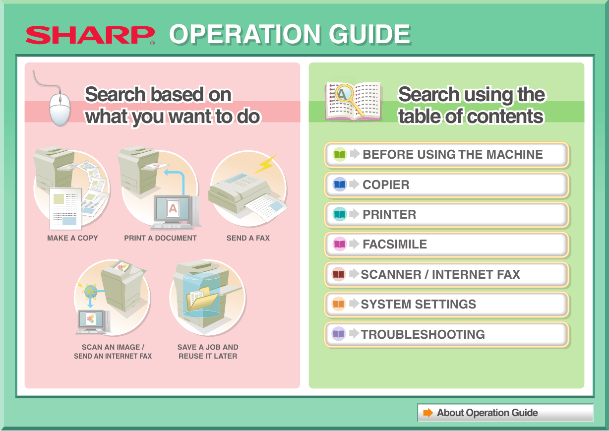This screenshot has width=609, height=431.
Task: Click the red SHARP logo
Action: pyautogui.click(x=90, y=35)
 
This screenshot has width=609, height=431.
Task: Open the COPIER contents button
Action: pyautogui.click(x=446, y=185)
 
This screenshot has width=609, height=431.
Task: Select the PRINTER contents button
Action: pyautogui.click(x=446, y=215)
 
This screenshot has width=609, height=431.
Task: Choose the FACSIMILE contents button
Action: pyautogui.click(x=446, y=244)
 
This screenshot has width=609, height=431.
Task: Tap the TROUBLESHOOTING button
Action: pyautogui.click(x=446, y=334)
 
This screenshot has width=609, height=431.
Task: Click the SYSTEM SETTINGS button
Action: pyautogui.click(x=446, y=305)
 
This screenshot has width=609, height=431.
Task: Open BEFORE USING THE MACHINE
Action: pyautogui.click(x=446, y=154)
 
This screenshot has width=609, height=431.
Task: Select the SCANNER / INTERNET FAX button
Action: pyautogui.click(x=446, y=274)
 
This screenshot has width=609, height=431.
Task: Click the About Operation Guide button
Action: pyautogui.click(x=505, y=413)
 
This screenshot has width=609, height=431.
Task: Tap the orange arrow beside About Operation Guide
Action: pyautogui.click(x=428, y=413)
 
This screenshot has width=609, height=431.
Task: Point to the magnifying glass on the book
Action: pyautogui.click(x=349, y=100)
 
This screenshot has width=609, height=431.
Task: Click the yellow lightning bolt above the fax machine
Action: pyautogui.click(x=266, y=164)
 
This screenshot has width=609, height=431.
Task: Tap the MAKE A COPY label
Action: pyautogui.click(x=72, y=238)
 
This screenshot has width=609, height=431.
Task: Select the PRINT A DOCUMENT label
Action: pyautogui.click(x=160, y=238)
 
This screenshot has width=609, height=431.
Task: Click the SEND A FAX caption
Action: pyautogui.click(x=248, y=238)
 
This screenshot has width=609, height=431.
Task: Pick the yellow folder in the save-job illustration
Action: pyautogui.click(x=202, y=299)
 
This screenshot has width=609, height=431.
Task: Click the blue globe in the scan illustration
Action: pyautogui.click(x=91, y=292)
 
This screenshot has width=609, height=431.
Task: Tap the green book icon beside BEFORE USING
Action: pyautogui.click(x=340, y=154)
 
